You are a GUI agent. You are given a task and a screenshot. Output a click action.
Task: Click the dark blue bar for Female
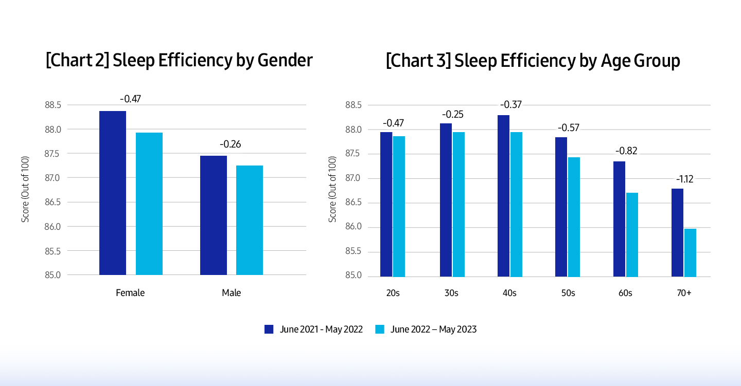coord(113,193)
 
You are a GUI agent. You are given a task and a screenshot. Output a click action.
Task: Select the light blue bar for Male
coord(250,220)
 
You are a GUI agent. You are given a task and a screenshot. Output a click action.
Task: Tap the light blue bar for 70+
coord(690,252)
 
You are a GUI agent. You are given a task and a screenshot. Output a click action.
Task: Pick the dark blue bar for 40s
coord(503,195)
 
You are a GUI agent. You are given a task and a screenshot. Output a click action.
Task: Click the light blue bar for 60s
coord(631,234)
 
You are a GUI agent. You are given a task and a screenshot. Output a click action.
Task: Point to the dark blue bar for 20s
coord(386,204)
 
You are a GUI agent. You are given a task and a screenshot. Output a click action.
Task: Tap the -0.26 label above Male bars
coord(231,144)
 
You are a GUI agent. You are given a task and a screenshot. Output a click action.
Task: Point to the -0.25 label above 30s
coord(453,114)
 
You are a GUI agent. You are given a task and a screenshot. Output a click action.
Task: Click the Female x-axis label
coord(130,293)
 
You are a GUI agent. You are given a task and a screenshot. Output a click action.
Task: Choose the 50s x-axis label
coord(568,293)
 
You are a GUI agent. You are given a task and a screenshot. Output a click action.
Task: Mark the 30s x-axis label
coord(452,293)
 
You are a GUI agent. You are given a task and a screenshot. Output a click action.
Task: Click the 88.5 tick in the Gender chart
coord(53,105)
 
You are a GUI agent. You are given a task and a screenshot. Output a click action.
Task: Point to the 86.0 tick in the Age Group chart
coord(354,227)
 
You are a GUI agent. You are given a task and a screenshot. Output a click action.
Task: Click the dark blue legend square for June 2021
coord(269,329)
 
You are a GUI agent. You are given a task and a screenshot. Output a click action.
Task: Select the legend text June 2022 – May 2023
coord(433,329)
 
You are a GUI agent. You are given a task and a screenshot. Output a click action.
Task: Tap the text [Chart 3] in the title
coord(414,61)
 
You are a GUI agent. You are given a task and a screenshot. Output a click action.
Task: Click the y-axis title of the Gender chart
coord(25,190)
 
